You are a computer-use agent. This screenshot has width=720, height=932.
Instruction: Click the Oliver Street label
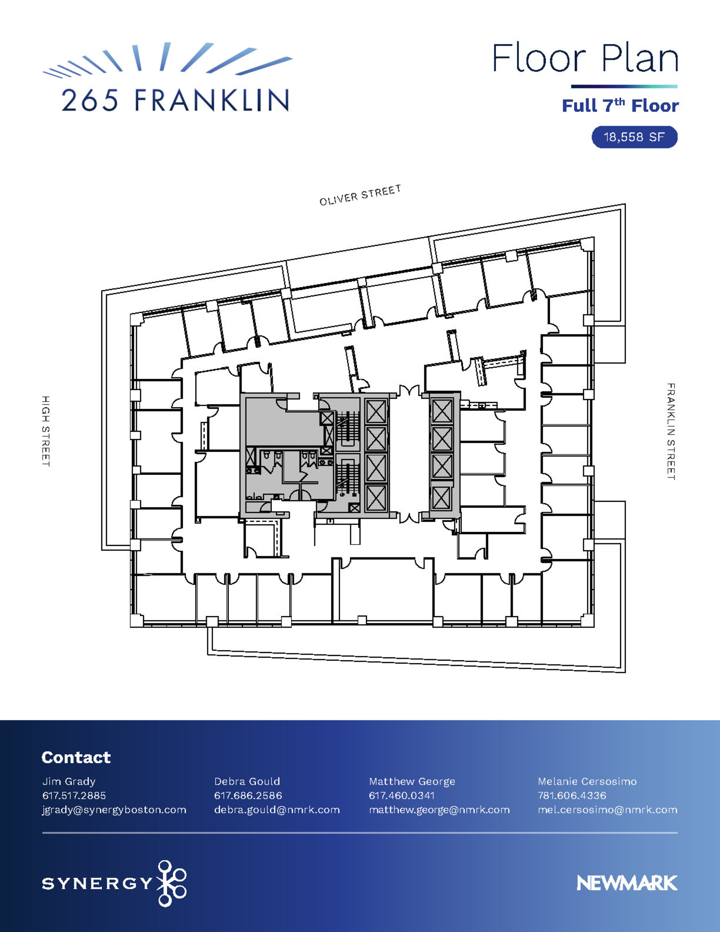point(360,195)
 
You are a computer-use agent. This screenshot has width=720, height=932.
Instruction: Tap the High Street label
point(46,431)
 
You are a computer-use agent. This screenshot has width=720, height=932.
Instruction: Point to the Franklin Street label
point(671,431)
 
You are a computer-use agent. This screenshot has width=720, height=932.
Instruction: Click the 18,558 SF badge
point(635,137)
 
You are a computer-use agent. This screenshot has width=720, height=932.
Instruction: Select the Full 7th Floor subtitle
point(620,105)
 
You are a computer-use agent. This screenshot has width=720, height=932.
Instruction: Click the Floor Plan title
point(585,58)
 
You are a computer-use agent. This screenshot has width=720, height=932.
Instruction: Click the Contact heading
point(76,757)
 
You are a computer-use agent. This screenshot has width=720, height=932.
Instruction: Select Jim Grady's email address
point(114,810)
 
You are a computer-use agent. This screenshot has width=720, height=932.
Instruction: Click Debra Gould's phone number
point(248,796)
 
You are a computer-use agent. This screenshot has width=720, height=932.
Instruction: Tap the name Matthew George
point(412,782)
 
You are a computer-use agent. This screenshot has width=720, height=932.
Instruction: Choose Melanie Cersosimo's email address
point(608,810)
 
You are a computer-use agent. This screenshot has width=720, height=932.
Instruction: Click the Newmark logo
point(627,883)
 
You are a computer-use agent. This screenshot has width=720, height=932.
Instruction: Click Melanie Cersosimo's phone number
point(572,796)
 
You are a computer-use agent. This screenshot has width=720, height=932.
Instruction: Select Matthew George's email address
point(439,810)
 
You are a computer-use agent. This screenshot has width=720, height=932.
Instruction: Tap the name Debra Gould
point(247,781)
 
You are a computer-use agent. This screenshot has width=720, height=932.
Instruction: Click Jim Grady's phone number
point(74,796)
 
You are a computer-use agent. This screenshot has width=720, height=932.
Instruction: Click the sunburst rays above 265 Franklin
point(168,60)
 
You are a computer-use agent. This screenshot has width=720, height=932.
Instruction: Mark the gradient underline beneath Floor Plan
point(624,86)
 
